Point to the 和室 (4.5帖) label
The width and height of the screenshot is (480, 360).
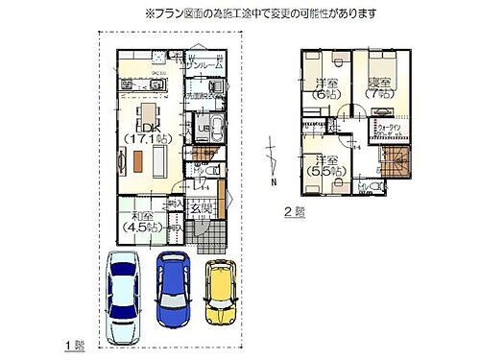[x=141, y=223]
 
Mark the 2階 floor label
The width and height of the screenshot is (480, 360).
[x=294, y=210]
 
